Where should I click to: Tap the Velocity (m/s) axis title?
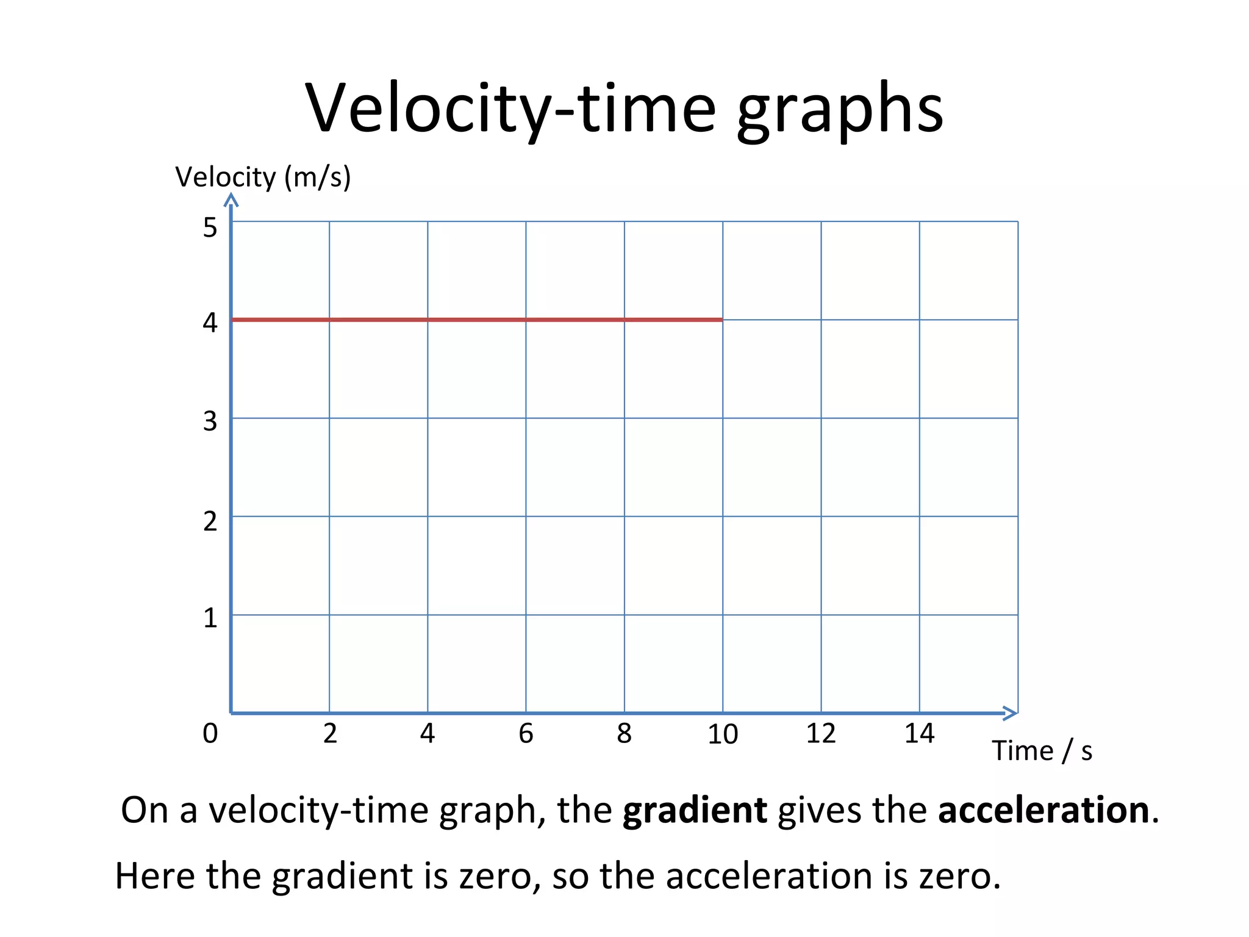point(263,177)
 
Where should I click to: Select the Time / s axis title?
point(1042,750)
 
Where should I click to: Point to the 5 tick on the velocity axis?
point(210,228)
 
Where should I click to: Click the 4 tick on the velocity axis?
point(210,322)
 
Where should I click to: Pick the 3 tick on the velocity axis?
point(210,421)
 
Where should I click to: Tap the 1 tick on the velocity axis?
point(210,618)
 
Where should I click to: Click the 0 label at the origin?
point(210,733)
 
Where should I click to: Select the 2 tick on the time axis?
point(330,733)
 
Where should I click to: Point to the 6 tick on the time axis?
point(526,733)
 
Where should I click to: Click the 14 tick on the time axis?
point(919,733)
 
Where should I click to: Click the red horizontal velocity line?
point(476,319)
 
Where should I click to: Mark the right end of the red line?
point(721,319)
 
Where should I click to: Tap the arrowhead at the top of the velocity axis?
point(231,199)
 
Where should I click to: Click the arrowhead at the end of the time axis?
point(1011,713)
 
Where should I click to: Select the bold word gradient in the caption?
point(694,810)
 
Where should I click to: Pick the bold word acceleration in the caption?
point(1043,810)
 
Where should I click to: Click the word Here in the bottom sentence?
point(155,876)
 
